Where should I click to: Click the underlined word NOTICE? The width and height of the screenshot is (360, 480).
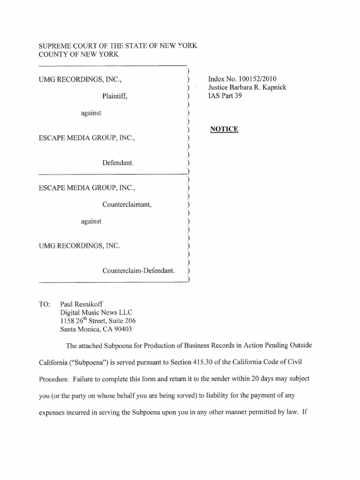tap(224, 129)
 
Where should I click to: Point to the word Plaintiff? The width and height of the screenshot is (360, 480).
tap(115, 97)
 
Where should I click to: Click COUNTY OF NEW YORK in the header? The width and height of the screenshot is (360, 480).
tap(78, 55)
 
